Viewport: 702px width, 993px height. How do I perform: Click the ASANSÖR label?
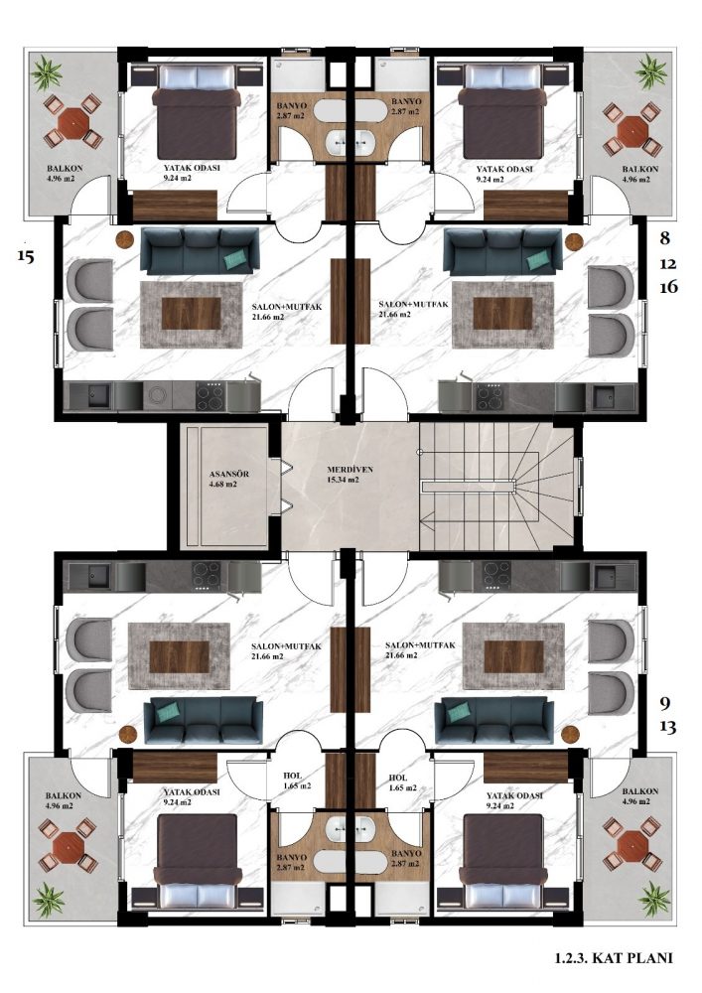click(228, 474)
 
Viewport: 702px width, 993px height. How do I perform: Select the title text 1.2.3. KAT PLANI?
click(614, 958)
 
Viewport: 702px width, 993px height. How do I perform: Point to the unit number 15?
click(26, 256)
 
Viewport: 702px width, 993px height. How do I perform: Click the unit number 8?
click(664, 238)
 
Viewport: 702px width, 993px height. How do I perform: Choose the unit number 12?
click(668, 263)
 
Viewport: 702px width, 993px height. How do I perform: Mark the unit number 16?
click(668, 287)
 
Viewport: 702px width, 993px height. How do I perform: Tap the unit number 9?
click(664, 703)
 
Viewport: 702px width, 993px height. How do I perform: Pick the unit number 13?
click(668, 727)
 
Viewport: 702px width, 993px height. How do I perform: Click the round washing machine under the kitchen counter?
click(157, 396)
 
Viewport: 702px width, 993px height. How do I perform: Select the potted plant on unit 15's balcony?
click(47, 72)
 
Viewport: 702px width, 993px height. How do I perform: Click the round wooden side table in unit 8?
click(574, 242)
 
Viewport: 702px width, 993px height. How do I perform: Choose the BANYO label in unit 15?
click(291, 105)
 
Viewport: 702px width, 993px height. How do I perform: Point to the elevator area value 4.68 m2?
click(222, 485)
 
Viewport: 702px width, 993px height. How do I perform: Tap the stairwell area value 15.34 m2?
click(344, 480)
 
